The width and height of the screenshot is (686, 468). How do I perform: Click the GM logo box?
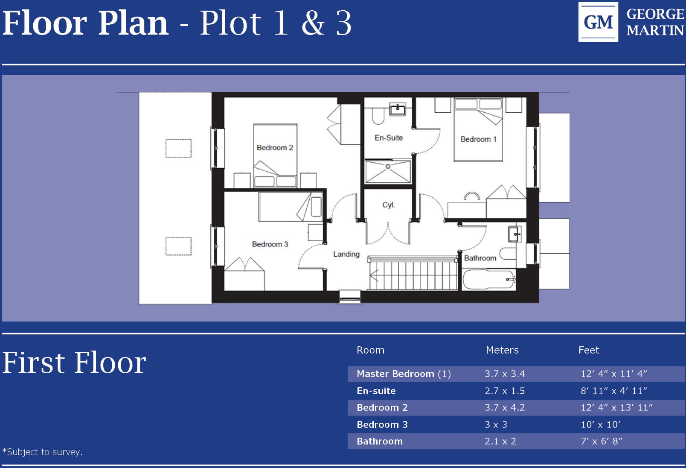pyautogui.click(x=598, y=22)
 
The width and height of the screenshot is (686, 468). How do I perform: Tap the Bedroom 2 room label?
pyautogui.click(x=275, y=148)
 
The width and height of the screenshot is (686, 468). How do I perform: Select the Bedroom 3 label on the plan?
pyautogui.click(x=270, y=244)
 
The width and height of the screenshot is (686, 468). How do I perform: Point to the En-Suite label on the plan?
pyautogui.click(x=389, y=138)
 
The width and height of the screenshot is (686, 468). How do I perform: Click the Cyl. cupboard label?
pyautogui.click(x=388, y=205)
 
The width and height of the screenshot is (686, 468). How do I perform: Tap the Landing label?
pyautogui.click(x=346, y=254)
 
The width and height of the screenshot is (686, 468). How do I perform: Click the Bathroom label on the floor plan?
pyautogui.click(x=480, y=258)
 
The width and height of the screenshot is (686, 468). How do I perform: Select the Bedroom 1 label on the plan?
pyautogui.click(x=478, y=139)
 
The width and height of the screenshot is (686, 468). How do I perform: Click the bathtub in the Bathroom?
pyautogui.click(x=489, y=280)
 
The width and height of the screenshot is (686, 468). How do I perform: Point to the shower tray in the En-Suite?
pyautogui.click(x=388, y=172)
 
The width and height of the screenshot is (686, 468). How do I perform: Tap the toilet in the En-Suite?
pyautogui.click(x=378, y=116)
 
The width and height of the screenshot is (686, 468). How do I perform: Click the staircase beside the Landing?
pyautogui.click(x=413, y=275)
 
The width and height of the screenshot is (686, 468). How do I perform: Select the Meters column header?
pyautogui.click(x=502, y=350)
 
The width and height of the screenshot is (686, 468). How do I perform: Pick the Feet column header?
pyautogui.click(x=588, y=350)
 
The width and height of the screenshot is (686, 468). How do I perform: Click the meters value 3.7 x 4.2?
pyautogui.click(x=504, y=408)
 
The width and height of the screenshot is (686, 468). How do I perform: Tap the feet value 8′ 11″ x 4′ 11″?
pyautogui.click(x=613, y=391)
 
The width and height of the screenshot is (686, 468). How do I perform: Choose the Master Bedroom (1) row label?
pyautogui.click(x=404, y=374)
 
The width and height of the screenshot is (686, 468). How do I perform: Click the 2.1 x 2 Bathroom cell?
pyautogui.click(x=500, y=442)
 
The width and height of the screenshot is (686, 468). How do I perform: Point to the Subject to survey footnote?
pyautogui.click(x=43, y=452)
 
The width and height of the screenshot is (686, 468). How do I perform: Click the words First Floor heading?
pyautogui.click(x=75, y=363)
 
